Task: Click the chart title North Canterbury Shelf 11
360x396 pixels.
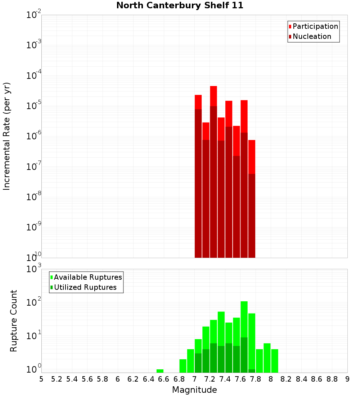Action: click(x=180, y=6)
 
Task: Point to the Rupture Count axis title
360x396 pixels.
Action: click(x=14, y=321)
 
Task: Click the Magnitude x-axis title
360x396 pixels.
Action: click(x=194, y=390)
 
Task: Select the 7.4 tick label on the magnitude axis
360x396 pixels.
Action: click(x=225, y=379)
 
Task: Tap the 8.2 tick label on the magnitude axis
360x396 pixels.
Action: click(x=286, y=379)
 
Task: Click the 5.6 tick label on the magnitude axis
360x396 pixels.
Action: click(x=87, y=379)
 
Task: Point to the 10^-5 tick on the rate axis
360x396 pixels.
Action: click(x=34, y=106)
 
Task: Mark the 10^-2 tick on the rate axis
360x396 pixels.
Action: click(x=34, y=15)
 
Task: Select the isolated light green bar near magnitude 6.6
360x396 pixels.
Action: click(x=160, y=371)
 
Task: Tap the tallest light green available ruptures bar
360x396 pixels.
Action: click(x=244, y=319)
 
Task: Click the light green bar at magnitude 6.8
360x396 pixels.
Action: click(x=183, y=365)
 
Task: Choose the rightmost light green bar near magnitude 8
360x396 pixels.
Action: click(x=275, y=360)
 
